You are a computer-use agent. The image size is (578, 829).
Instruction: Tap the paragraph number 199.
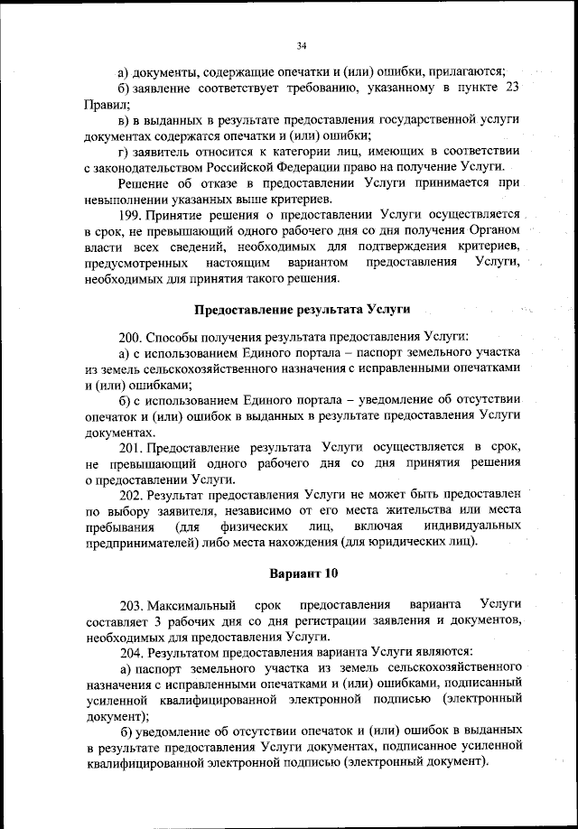coord(130,214)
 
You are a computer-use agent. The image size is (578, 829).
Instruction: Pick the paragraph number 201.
coord(130,448)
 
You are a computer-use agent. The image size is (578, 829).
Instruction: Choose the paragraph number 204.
coord(131,651)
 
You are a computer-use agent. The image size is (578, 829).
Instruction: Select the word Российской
coord(235,167)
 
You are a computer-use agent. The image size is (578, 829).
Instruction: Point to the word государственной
coord(387,119)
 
